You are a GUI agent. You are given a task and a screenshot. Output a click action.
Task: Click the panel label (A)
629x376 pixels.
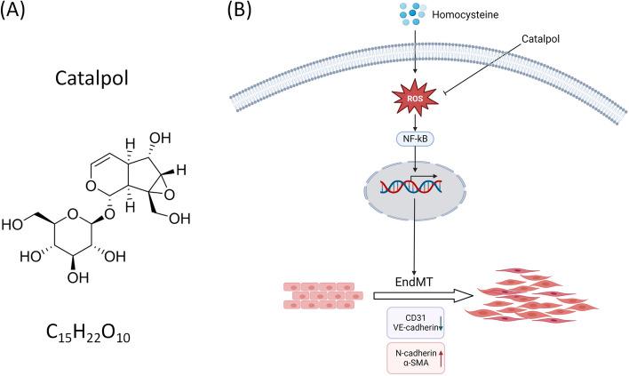(22, 12)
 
